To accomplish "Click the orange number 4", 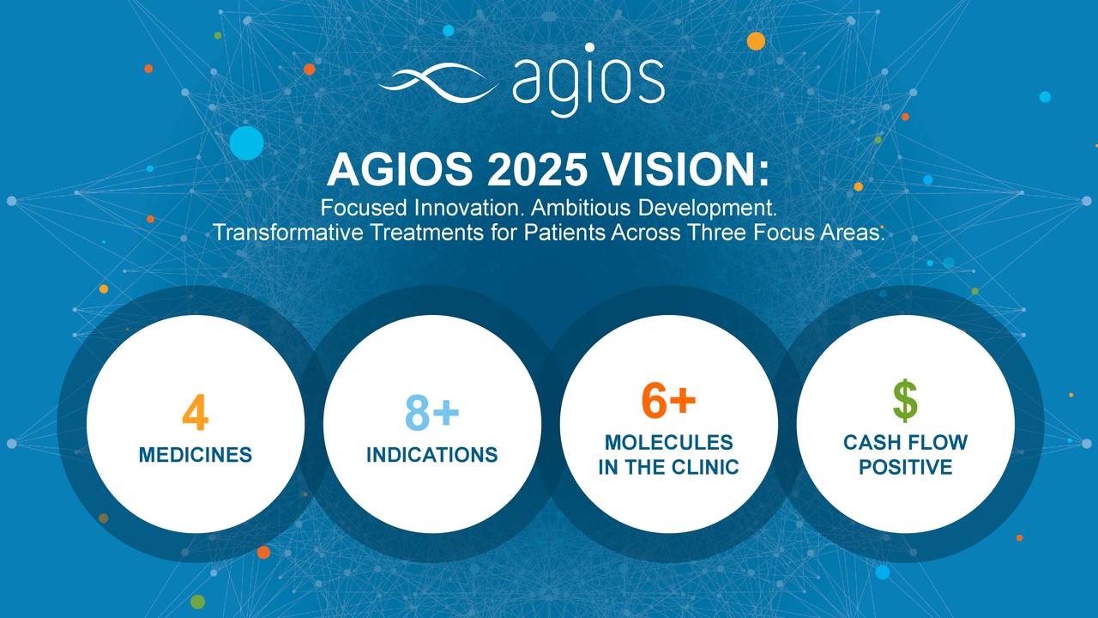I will click(x=196, y=414).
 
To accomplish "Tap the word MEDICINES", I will click(x=196, y=455).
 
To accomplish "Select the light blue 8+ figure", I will click(x=432, y=413).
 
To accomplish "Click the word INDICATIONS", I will click(x=432, y=455).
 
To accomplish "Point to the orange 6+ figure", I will click(x=668, y=401).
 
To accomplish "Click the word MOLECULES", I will click(x=669, y=442).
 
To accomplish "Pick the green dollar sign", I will click(x=905, y=401).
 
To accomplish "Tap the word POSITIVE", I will click(x=906, y=467).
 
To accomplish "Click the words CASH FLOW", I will click(x=906, y=443).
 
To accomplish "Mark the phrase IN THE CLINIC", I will click(x=669, y=467).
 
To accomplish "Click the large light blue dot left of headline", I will click(x=247, y=142).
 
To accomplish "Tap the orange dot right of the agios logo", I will click(x=756, y=41).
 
